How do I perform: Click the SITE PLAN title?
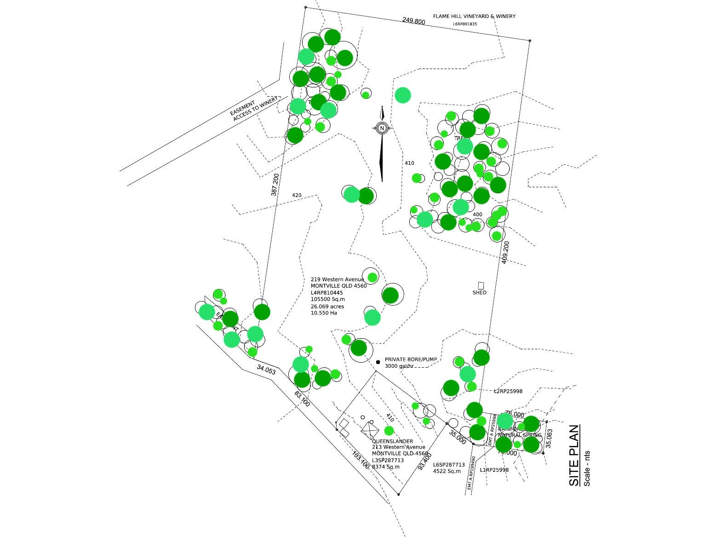pyautogui.click(x=574, y=455)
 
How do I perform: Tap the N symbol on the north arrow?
pyautogui.click(x=382, y=128)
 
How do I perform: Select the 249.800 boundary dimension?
pyautogui.click(x=413, y=21)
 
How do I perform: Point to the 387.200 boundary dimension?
pyautogui.click(x=275, y=185)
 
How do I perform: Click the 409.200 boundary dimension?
pyautogui.click(x=505, y=252)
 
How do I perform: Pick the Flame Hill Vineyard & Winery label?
pyautogui.click(x=474, y=17)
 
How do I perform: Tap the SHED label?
pyautogui.click(x=479, y=293)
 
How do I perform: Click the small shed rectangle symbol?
pyautogui.click(x=481, y=286)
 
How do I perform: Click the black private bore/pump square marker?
pyautogui.click(x=378, y=362)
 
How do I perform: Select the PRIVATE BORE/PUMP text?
pyautogui.click(x=411, y=359)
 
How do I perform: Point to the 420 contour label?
pyautogui.click(x=297, y=196)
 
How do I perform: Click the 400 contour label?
pyautogui.click(x=477, y=214)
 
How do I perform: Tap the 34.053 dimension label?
pyautogui.click(x=266, y=369)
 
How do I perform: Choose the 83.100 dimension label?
pyautogui.click(x=302, y=399)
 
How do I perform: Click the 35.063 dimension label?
pyautogui.click(x=549, y=439)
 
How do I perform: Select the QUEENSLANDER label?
pyautogui.click(x=392, y=441)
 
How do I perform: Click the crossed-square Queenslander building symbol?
pyautogui.click(x=370, y=430)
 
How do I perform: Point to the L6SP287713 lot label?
pyautogui.click(x=449, y=465)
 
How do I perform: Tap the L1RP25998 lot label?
pyautogui.click(x=494, y=470)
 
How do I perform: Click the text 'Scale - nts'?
pyautogui.click(x=587, y=468)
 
